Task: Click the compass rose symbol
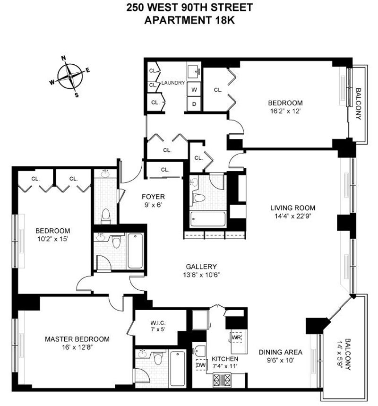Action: coord(70,76)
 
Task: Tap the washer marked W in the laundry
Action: coord(194,89)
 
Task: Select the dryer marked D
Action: coord(194,104)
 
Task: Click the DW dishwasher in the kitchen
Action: coord(201,365)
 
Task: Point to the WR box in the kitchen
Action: coord(236,337)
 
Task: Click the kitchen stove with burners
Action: coord(222,380)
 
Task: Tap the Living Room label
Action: coord(293,207)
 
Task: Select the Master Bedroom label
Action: coord(77,339)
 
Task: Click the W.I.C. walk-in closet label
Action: coord(158,323)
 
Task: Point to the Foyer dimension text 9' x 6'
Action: coord(153,205)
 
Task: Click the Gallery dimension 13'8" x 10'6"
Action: coord(201,275)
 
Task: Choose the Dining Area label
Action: coord(280,352)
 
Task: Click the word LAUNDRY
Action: coord(173,83)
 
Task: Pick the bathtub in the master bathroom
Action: coord(178,369)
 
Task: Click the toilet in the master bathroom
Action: coord(158,358)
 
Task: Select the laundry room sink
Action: coord(194,70)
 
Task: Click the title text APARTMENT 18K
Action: coord(189,20)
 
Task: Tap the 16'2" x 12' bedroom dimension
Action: coord(285,111)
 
